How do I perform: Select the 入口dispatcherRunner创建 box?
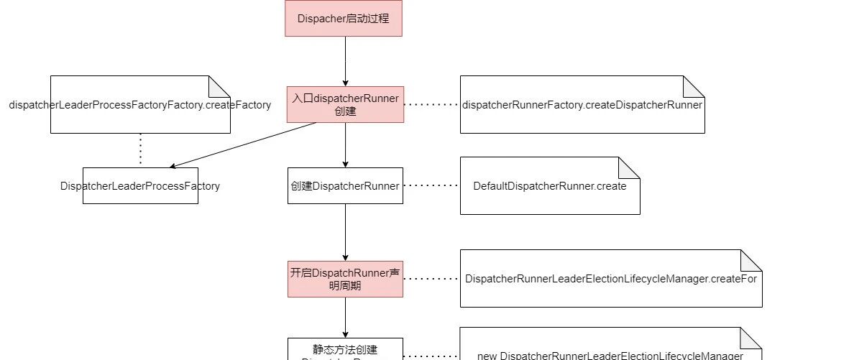click(345, 104)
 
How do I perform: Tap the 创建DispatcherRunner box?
click(345, 186)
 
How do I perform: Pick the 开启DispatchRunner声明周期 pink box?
click(345, 279)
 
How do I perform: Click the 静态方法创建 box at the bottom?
click(345, 349)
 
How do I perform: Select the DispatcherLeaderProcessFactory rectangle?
click(140, 186)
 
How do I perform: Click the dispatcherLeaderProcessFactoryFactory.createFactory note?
click(140, 105)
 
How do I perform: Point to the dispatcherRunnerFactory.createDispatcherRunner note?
click(582, 105)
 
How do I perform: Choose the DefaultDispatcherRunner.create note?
click(550, 186)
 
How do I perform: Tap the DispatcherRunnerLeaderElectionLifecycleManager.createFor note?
click(611, 279)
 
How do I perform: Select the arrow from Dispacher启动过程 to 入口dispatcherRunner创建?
click(345, 61)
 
